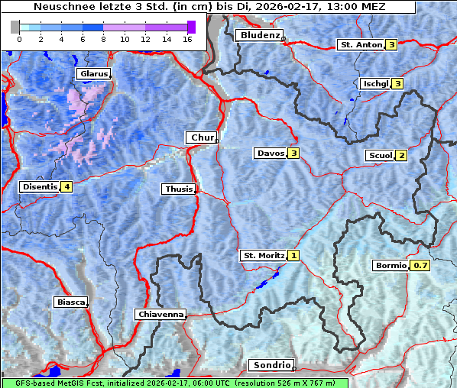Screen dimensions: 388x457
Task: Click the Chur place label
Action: (201, 137)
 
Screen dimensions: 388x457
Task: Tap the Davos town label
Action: (271, 154)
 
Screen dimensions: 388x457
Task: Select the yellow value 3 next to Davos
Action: (293, 154)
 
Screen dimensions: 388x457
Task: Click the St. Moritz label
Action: (263, 255)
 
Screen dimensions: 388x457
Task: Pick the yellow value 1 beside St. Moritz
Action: (293, 255)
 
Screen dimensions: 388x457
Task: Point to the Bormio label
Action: (390, 266)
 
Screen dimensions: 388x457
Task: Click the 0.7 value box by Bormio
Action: (420, 266)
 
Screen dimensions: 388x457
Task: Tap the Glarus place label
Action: (92, 74)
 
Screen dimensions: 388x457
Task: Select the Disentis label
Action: (40, 186)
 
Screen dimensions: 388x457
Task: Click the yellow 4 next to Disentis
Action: (67, 186)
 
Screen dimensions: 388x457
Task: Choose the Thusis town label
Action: (178, 189)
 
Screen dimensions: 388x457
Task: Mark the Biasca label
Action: (70, 302)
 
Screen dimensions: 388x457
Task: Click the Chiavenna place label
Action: (160, 314)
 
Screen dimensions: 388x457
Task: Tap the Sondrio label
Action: (271, 365)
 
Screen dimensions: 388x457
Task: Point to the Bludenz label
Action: (258, 35)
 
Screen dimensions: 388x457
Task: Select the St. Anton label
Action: (360, 45)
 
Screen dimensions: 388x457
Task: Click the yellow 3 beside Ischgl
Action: (397, 83)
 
